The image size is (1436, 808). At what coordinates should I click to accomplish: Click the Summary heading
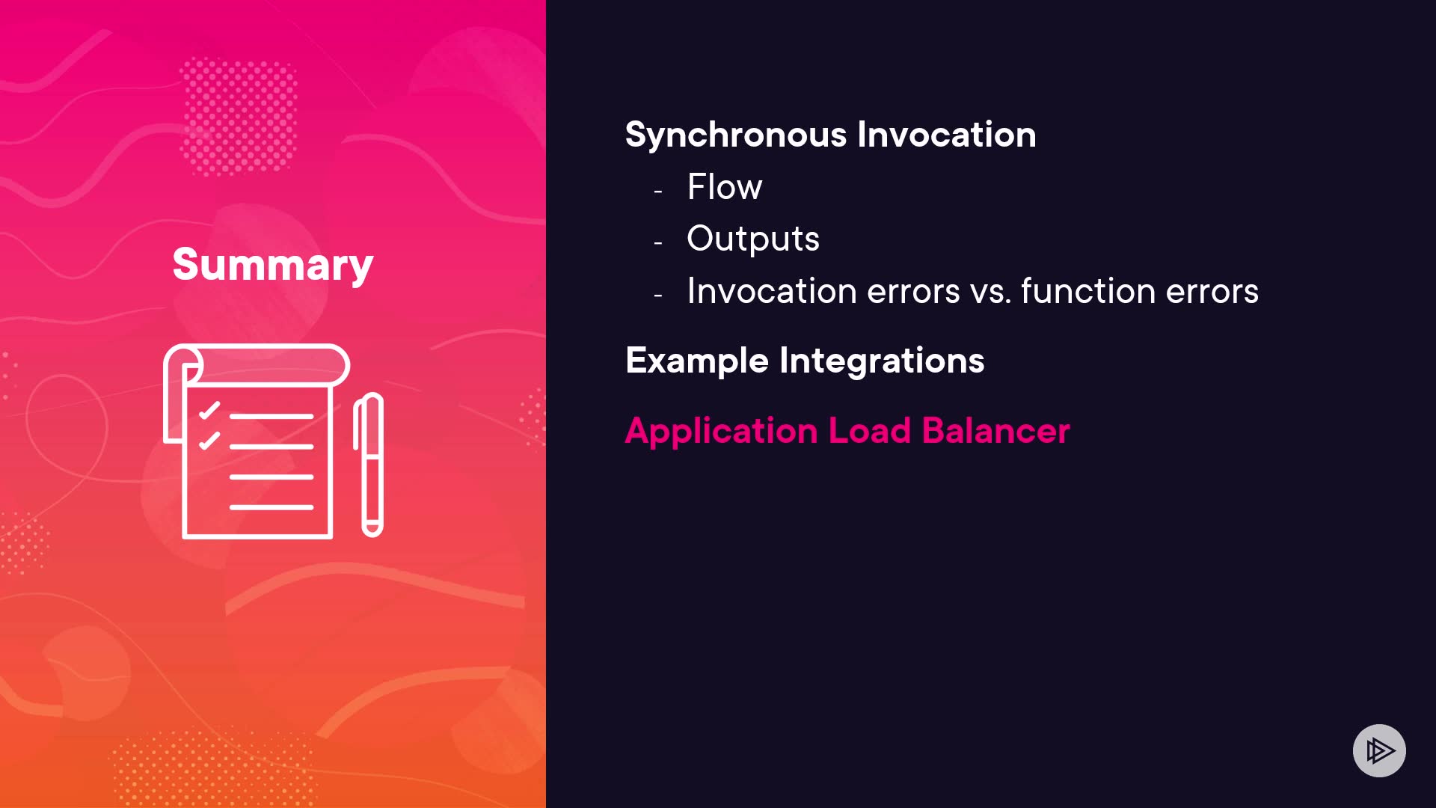273,266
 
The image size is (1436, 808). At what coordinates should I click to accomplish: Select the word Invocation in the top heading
947,135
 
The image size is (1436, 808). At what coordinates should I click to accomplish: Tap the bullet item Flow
725,186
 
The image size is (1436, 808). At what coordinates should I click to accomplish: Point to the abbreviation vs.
990,292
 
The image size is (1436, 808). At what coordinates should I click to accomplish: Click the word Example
697,361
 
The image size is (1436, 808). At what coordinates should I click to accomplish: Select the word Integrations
882,361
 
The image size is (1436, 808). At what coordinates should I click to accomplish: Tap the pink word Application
721,432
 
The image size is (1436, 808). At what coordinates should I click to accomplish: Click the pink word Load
870,431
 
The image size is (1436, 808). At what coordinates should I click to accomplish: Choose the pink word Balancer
996,431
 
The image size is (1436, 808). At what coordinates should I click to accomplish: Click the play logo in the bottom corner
1379,750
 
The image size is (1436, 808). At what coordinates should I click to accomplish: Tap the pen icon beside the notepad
369,465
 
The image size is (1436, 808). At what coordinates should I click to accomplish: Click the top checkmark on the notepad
209,410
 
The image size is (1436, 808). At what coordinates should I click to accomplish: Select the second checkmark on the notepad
209,440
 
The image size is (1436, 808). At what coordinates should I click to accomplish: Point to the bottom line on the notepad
271,507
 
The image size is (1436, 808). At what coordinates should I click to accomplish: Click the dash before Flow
658,192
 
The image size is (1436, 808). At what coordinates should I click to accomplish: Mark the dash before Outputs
658,243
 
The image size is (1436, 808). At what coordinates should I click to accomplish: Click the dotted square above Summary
239,117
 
